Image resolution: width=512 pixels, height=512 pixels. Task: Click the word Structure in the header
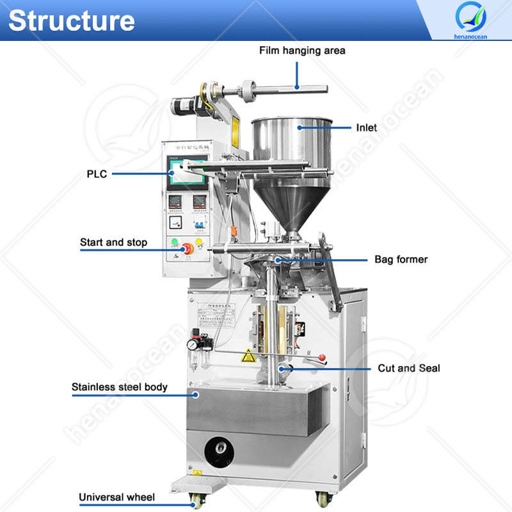coord(71,20)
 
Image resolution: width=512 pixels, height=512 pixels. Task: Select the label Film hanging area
coord(301,50)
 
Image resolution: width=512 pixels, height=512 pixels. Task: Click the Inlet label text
coord(367,127)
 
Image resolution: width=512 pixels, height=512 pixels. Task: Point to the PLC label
coord(97,173)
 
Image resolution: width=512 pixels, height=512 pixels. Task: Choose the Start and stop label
coord(113,243)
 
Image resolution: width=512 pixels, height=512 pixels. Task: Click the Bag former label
coord(401,259)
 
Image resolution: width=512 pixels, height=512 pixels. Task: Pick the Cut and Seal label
coord(408,368)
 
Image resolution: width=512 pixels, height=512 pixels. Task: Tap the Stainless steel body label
coord(120,387)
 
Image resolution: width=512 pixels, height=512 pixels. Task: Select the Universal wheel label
coord(116,497)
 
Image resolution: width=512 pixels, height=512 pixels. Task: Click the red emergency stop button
coord(188,248)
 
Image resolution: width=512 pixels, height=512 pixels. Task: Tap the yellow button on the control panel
coord(199,242)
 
